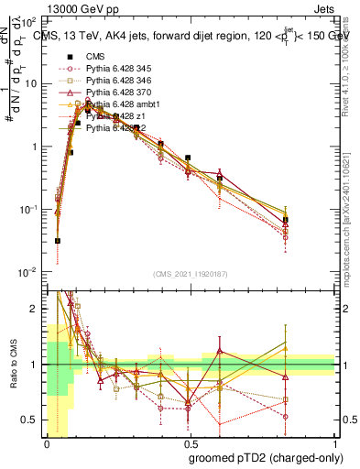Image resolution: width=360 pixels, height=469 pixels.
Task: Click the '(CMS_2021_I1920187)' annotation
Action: click(191, 275)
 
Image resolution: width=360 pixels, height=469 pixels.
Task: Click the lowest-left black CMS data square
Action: click(58, 241)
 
